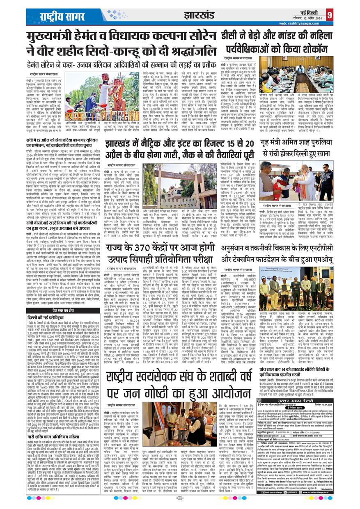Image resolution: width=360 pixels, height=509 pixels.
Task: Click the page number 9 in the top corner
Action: coord(330,15)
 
